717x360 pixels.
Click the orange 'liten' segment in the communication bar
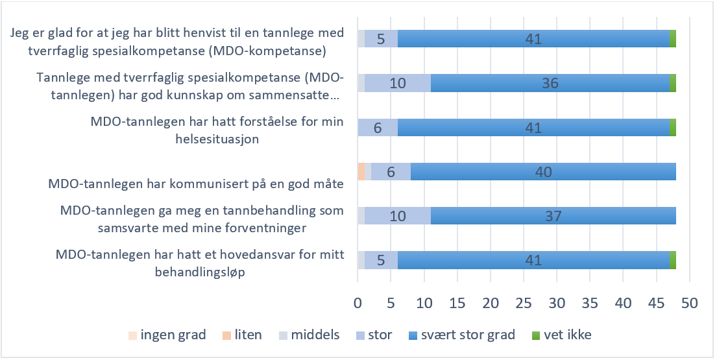point(361,171)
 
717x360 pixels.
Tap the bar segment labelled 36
point(550,83)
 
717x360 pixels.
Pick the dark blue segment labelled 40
point(543,171)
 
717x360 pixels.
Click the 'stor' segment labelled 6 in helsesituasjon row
point(378,127)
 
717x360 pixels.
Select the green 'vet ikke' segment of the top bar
point(673,39)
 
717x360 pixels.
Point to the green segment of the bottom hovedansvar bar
point(673,259)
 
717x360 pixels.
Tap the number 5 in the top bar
point(381,39)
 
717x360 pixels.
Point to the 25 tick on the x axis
point(524,303)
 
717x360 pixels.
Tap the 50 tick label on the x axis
point(689,303)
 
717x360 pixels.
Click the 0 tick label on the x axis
point(358,303)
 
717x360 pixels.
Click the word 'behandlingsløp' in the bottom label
point(201,273)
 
